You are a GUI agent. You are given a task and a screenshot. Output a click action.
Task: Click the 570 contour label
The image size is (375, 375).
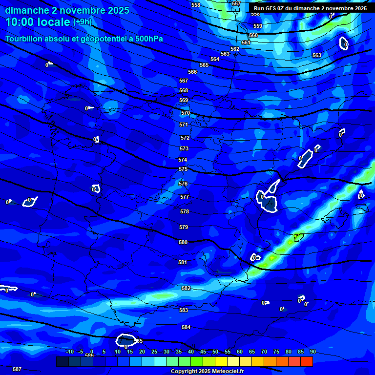(185, 113)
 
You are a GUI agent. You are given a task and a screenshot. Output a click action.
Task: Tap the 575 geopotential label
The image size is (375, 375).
(183, 169)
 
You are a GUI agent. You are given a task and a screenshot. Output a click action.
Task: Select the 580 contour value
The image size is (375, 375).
(183, 242)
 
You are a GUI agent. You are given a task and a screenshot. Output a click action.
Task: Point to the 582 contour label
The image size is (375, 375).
(186, 288)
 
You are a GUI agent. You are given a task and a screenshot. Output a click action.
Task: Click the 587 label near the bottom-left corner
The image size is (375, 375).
(17, 369)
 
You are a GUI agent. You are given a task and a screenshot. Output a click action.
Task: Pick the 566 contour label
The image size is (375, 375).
(192, 72)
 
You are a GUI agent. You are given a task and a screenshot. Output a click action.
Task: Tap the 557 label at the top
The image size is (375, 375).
(236, 3)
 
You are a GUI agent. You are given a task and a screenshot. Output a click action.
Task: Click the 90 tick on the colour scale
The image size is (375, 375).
(312, 352)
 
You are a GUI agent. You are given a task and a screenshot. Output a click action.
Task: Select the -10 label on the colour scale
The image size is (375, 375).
(69, 352)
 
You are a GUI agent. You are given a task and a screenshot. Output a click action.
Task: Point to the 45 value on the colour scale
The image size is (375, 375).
(203, 352)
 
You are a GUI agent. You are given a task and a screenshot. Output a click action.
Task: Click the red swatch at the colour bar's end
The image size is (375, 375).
(306, 361)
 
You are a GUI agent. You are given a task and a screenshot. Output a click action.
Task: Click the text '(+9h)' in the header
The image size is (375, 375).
(82, 21)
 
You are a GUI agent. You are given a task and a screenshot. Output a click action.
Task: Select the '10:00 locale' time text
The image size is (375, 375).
(38, 22)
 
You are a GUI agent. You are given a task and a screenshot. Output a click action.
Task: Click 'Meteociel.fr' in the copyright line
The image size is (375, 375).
(225, 371)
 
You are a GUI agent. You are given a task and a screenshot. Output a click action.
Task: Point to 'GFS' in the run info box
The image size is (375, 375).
(271, 8)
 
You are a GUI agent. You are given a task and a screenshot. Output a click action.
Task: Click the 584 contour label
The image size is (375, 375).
(186, 327)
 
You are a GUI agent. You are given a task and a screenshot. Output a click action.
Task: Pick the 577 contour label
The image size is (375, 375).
(184, 197)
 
